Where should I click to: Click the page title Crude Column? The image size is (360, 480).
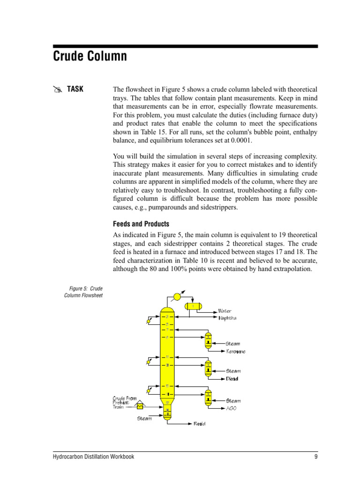[90, 57]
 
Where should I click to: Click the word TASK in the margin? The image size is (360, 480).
[75, 89]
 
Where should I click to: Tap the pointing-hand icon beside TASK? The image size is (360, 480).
[57, 90]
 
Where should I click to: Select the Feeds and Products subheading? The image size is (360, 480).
[141, 224]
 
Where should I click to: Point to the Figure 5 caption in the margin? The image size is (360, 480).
[83, 292]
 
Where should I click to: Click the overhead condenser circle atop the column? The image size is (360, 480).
[177, 296]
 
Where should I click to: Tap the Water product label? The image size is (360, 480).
[225, 311]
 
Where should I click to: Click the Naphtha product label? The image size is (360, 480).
[227, 318]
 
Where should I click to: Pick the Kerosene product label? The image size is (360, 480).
[236, 352]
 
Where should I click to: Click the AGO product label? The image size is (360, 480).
[231, 408]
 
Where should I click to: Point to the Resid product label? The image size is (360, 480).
[199, 424]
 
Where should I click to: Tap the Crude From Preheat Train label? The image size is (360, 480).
[124, 402]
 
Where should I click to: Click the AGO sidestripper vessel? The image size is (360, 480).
[208, 397]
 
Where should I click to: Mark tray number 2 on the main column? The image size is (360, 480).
[166, 317]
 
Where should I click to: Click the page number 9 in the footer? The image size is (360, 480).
[316, 457]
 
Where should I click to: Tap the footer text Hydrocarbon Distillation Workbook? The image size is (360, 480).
[93, 457]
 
